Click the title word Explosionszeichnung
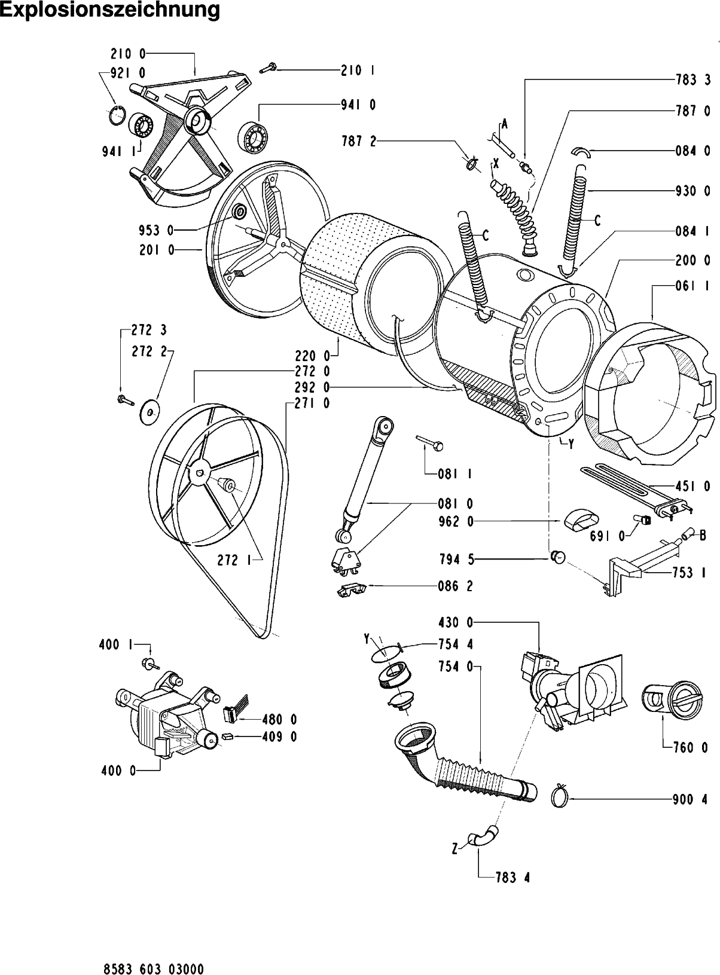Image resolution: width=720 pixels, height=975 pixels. (x=110, y=11)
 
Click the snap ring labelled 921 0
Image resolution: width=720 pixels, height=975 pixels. (x=118, y=114)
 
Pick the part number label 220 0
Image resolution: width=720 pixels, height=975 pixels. (x=313, y=357)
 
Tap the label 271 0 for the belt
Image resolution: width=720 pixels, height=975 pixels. (x=313, y=404)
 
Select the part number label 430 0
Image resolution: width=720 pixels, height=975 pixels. (x=454, y=623)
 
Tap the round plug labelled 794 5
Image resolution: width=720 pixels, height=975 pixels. (x=557, y=557)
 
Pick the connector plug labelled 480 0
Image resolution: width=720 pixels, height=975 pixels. (x=235, y=713)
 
